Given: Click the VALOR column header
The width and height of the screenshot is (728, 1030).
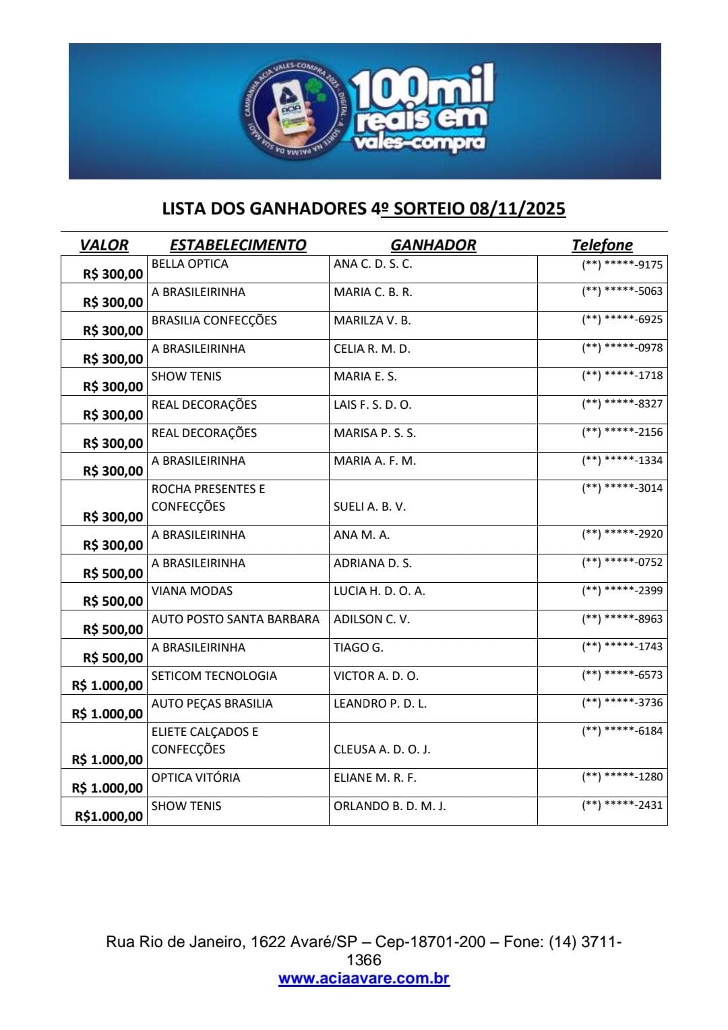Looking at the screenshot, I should coord(104,245).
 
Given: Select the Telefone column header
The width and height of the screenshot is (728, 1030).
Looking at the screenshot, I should coord(602,245).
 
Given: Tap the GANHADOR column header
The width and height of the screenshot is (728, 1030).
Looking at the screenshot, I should coord(433,245).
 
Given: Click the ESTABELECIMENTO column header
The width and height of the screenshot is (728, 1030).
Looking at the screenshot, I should coord(238,245).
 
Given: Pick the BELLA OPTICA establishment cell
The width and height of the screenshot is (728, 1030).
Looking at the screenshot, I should coord(190,264).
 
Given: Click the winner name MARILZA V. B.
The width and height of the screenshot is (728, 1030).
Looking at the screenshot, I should coord(372,320).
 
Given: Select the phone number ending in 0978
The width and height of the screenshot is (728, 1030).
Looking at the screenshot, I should coord(622,348).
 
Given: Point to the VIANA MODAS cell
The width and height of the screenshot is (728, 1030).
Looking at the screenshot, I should coord(192,591).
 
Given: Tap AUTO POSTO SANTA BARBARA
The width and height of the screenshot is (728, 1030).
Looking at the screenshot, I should coord(235,619).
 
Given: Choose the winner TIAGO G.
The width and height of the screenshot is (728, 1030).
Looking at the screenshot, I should coord(358,648).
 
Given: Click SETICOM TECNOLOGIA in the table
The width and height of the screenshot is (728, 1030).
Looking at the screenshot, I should coord(214,676).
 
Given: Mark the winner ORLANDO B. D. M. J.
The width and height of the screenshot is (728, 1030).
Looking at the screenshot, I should coord(390,806).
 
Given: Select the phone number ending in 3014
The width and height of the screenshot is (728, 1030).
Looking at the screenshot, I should coord(622,488).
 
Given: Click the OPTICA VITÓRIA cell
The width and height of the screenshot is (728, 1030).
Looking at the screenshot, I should coord(195,778).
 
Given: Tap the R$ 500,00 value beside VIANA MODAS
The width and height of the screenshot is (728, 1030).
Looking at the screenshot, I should coord(113,601).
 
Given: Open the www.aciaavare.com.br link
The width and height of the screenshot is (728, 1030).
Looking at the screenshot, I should coord(364,979).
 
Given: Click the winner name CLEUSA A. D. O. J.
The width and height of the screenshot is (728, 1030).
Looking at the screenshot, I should coord(382,749).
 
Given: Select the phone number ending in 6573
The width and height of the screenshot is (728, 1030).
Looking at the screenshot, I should coord(622,675).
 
